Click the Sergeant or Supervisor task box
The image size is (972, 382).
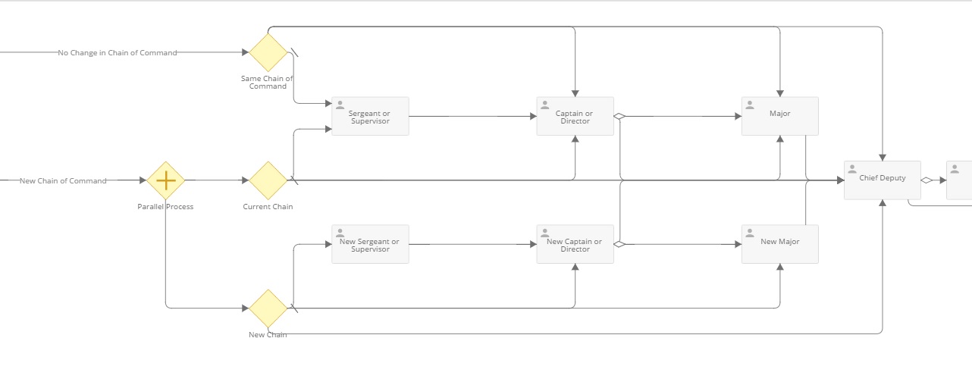click(370, 116)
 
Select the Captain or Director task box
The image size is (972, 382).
click(575, 116)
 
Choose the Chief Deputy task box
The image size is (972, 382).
click(883, 180)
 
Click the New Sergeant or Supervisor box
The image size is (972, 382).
click(370, 244)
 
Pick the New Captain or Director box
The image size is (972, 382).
click(575, 244)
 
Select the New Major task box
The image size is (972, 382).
click(779, 244)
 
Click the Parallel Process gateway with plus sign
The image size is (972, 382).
click(165, 180)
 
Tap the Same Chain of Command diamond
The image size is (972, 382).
click(268, 52)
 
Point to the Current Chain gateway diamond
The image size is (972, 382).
click(268, 180)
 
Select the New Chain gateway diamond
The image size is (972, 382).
click(268, 308)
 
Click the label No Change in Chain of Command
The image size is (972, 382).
click(118, 53)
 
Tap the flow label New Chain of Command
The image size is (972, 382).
click(63, 181)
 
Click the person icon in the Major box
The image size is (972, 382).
click(750, 105)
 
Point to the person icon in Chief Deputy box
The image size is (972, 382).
click(852, 169)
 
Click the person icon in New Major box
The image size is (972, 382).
click(750, 233)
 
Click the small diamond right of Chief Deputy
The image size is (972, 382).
click(926, 180)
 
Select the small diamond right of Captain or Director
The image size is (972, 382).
click(619, 117)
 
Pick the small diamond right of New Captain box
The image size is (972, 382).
click(619, 244)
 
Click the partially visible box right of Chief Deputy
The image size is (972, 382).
click(959, 180)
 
